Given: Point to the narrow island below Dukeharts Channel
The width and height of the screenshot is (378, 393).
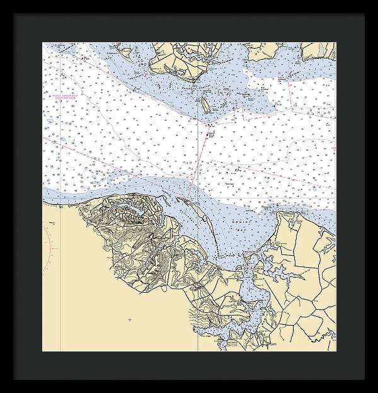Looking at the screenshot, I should click(206, 106).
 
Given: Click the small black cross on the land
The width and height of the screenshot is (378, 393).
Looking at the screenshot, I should click(130, 320).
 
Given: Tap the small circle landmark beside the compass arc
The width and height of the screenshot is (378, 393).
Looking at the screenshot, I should click(54, 224).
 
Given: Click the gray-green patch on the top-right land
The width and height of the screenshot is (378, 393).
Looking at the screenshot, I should click(322, 49).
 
